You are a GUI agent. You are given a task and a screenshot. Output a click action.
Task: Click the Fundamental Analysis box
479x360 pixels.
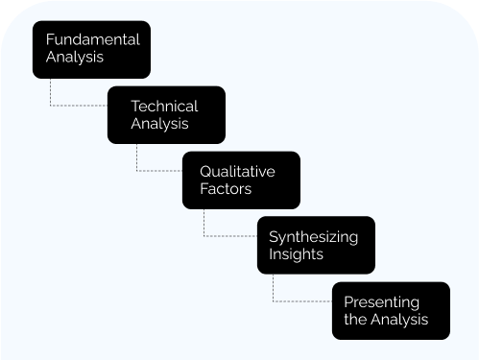coord(91,49)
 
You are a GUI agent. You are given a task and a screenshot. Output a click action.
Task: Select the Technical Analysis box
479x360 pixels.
coord(166,114)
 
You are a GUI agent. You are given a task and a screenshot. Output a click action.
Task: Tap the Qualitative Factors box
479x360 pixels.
coord(241,180)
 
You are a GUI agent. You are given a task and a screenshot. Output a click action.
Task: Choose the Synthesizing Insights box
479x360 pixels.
coord(316,245)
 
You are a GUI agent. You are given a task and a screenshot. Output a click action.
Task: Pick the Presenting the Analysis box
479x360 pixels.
coord(391,310)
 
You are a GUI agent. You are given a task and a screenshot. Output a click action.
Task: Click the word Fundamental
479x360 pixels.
coord(92,40)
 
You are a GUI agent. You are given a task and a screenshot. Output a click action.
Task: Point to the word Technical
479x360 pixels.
coord(164,106)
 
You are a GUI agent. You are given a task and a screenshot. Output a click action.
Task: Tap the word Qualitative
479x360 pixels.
coord(237,171)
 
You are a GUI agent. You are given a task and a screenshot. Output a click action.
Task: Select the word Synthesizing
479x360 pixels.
coord(313,236)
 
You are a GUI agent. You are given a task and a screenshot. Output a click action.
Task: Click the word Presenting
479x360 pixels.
coord(381,302)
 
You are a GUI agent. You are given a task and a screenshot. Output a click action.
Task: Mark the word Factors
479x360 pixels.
coord(226,189)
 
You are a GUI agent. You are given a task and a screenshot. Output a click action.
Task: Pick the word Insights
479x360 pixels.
coord(296,254)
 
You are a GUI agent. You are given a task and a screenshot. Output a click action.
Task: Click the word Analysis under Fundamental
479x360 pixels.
coord(75,58)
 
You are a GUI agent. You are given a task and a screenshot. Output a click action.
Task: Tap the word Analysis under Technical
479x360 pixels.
coord(159,124)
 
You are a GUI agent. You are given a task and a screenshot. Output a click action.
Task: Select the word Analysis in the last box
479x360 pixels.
coord(400,320)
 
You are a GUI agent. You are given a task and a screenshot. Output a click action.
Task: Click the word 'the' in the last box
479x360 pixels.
coord(355,320)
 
